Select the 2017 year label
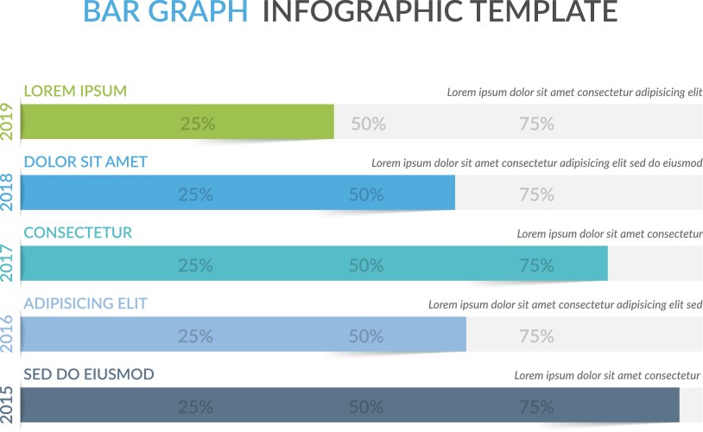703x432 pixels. tap(8, 264)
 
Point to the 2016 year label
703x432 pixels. tap(8, 334)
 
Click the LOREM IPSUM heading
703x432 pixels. tap(75, 91)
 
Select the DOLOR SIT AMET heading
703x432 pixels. tap(85, 162)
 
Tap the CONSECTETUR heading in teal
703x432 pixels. tap(78, 232)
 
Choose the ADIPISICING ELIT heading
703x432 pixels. tap(85, 303)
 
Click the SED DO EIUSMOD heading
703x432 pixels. tap(89, 374)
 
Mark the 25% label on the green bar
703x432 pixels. tap(198, 124)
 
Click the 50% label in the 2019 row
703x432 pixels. tap(368, 124)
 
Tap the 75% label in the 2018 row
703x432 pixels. tap(536, 194)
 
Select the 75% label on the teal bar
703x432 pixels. tap(536, 265)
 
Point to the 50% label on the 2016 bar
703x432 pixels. tap(366, 336)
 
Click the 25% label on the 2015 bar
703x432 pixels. tap(196, 407)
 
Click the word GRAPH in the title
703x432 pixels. tap(198, 13)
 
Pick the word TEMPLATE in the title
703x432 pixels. tap(534, 13)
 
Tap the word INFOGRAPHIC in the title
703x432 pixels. tap(351, 13)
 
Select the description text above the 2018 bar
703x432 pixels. tap(536, 162)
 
